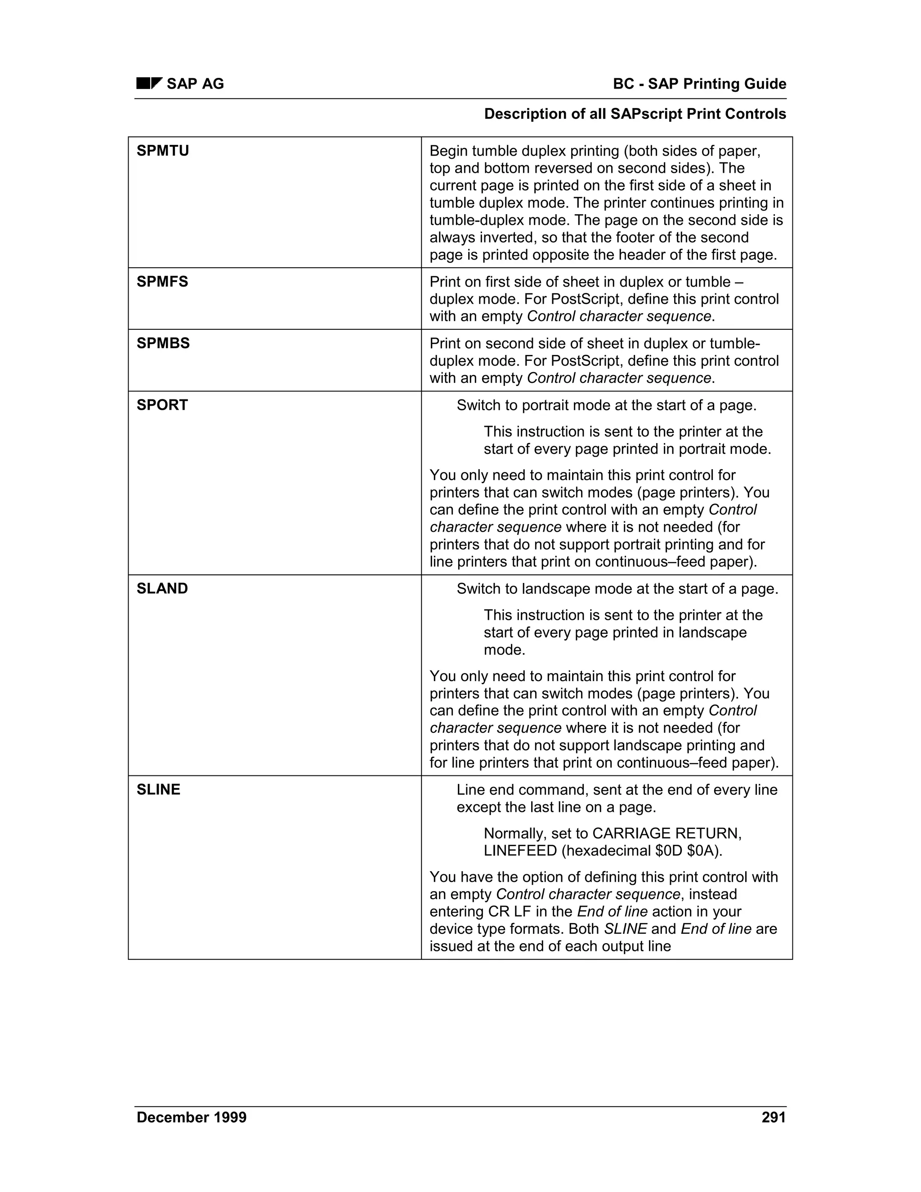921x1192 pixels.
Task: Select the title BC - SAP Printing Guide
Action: click(x=699, y=84)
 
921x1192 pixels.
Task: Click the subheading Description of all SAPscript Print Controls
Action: click(x=635, y=114)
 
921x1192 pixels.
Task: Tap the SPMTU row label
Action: click(x=163, y=151)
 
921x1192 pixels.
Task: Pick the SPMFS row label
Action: click(x=162, y=282)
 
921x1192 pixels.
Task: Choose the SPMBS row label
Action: click(x=163, y=343)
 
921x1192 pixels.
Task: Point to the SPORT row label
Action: click(x=162, y=405)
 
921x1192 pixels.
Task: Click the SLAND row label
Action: click(x=162, y=588)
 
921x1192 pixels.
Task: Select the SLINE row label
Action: click(x=158, y=790)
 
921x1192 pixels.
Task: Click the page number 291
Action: click(x=773, y=1117)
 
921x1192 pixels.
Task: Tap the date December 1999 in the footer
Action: click(x=192, y=1117)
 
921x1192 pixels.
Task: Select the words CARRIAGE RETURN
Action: click(x=667, y=834)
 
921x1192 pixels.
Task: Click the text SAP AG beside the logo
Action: click(x=195, y=84)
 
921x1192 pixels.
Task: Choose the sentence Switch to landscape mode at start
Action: click(x=617, y=589)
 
